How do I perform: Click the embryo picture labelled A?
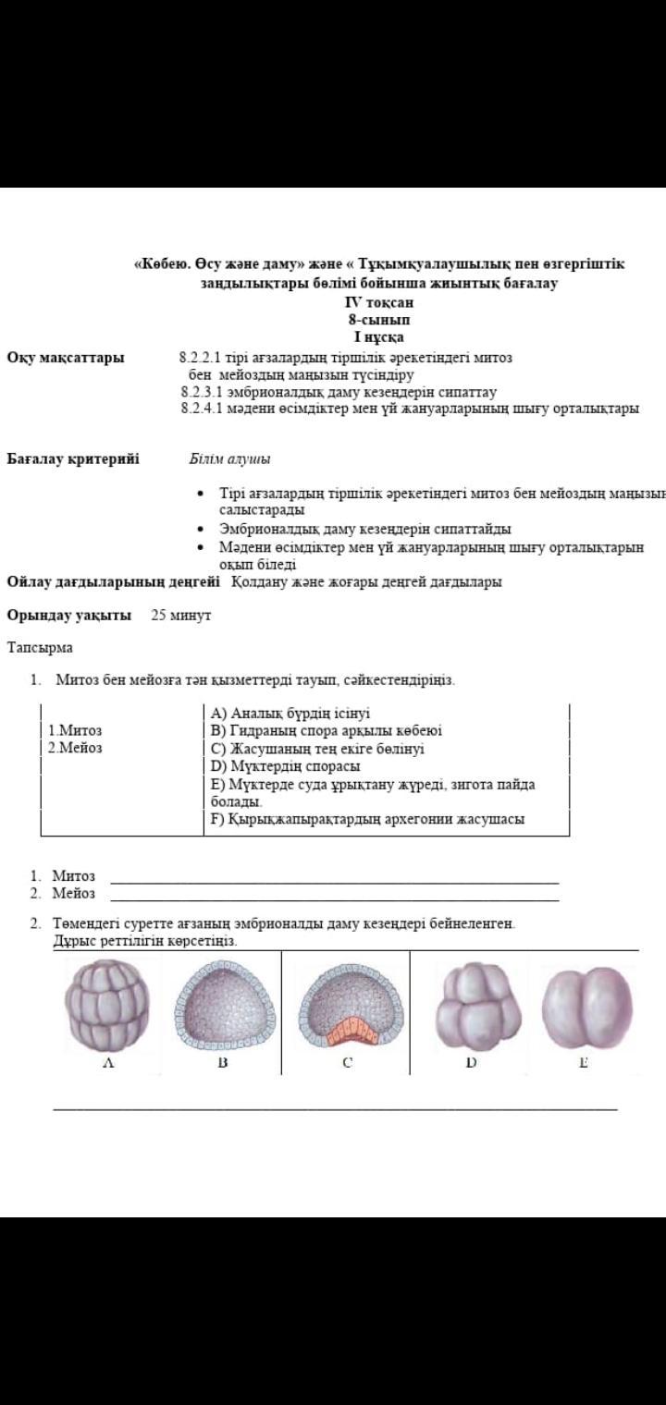pyautogui.click(x=109, y=1004)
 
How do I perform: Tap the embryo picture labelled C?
pyautogui.click(x=347, y=1004)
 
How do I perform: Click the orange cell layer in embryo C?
pyautogui.click(x=346, y=1027)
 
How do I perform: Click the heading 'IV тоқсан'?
pyautogui.click(x=379, y=302)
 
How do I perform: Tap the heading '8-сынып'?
pyautogui.click(x=379, y=320)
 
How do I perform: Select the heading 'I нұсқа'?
pyautogui.click(x=379, y=337)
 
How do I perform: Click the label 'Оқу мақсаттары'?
pyautogui.click(x=66, y=358)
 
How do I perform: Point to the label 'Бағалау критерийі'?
pyautogui.click(x=73, y=458)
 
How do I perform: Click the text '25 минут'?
pyautogui.click(x=181, y=615)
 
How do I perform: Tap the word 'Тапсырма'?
pyautogui.click(x=40, y=648)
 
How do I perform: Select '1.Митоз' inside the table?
pyautogui.click(x=75, y=730)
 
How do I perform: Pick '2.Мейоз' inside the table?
pyautogui.click(x=75, y=748)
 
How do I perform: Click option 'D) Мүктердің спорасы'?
pyautogui.click(x=285, y=766)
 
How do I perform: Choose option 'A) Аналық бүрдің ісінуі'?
pyautogui.click(x=290, y=713)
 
